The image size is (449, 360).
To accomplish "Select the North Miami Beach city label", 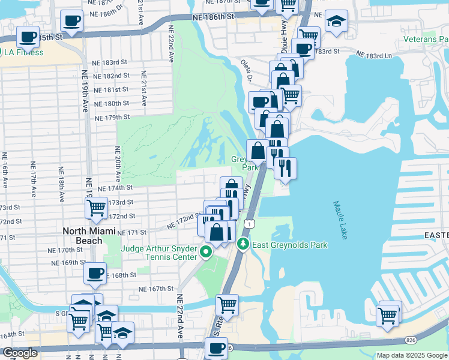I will click(x=83, y=236).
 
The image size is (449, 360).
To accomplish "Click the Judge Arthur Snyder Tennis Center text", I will click(x=160, y=253).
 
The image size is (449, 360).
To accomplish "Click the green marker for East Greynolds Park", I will click(x=243, y=244).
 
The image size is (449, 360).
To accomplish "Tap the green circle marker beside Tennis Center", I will click(x=206, y=252).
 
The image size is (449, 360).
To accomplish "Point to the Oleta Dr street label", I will click(x=247, y=71).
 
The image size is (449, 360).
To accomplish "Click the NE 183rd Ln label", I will click(x=373, y=55).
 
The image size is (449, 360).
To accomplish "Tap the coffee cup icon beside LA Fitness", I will click(x=28, y=37).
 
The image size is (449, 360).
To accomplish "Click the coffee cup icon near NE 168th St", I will click(x=95, y=274).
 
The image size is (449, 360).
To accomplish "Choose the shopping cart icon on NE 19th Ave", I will click(x=96, y=208).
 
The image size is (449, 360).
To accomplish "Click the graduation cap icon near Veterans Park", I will click(x=337, y=20).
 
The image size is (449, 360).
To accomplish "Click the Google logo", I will click(x=20, y=353).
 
